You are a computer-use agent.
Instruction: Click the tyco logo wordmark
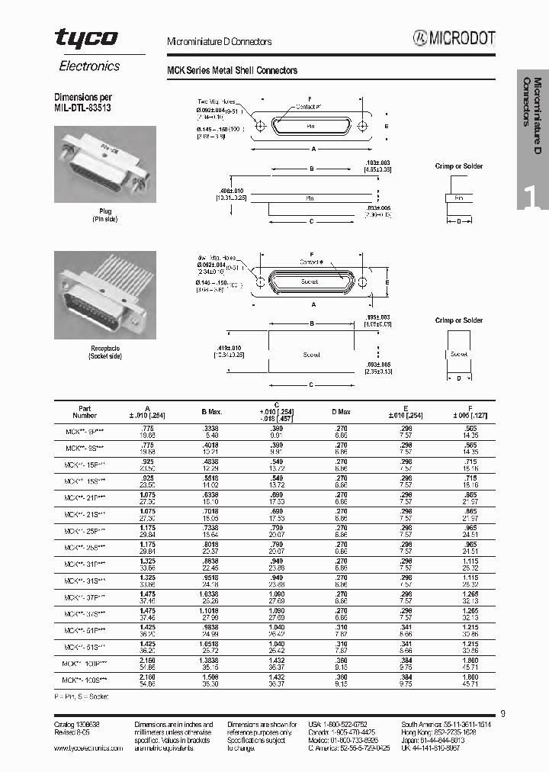86,37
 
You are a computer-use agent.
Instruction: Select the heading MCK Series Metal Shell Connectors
232,70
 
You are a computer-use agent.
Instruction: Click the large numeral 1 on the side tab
531,196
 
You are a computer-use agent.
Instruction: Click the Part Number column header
84,411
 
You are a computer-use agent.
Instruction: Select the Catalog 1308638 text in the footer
79,722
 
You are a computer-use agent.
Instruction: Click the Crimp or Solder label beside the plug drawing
458,166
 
